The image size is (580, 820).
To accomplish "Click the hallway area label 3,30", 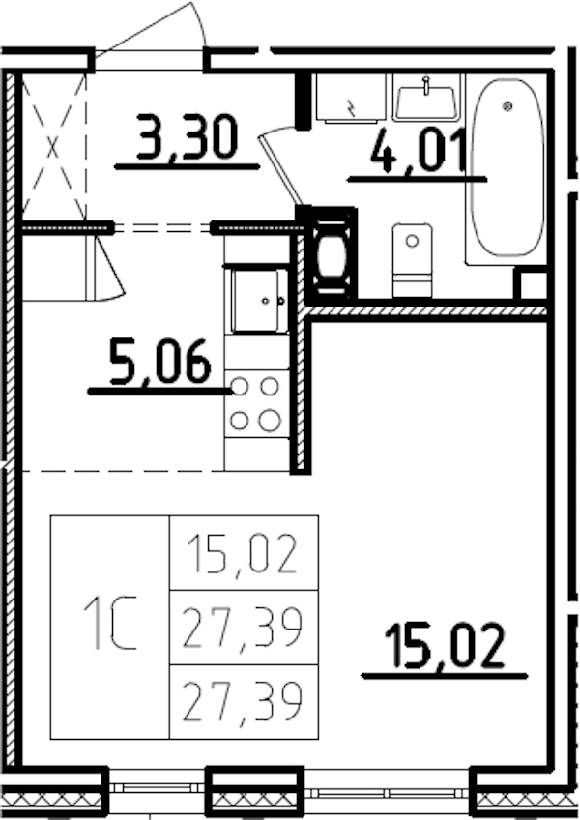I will pos(187,136).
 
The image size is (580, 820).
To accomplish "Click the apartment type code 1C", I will pos(109,626).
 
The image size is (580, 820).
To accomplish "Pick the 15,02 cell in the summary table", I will pos(244,553).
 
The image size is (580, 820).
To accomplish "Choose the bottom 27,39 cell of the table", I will pos(244,702).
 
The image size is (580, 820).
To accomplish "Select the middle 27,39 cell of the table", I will pos(244,628).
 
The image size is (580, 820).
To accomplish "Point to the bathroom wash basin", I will pos(426,98).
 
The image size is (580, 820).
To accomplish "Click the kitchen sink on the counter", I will pos(258,301).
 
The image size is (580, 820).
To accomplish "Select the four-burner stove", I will pos(256,403).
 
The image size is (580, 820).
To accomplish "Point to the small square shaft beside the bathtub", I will pos(531,284).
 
